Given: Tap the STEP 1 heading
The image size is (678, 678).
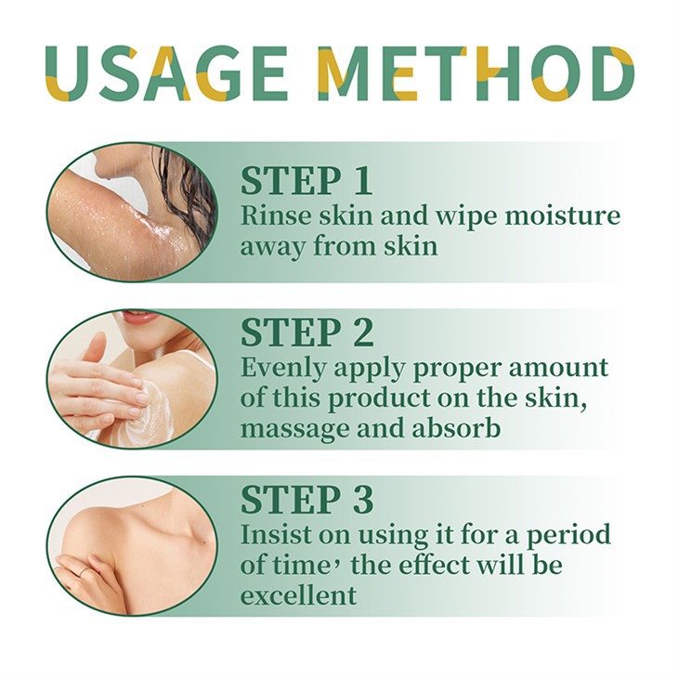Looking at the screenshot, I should pos(306,180).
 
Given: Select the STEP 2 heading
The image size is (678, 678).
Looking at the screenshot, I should pos(306,332).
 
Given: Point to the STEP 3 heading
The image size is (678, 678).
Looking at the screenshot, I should pos(306,499).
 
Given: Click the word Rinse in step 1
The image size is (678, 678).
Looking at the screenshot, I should pos(270,215).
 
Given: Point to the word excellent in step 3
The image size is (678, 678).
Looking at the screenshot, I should pos(298,594).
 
